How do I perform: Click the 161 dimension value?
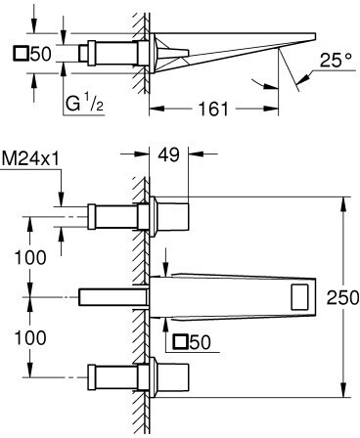click(213, 109)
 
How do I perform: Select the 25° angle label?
click(336, 60)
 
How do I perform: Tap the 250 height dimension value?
click(342, 297)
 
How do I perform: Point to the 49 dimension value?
click(168, 154)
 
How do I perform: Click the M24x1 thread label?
click(31, 159)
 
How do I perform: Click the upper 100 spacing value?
click(30, 257)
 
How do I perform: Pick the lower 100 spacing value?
click(30, 337)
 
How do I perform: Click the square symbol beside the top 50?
click(21, 54)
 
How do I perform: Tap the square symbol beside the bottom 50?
click(181, 342)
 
